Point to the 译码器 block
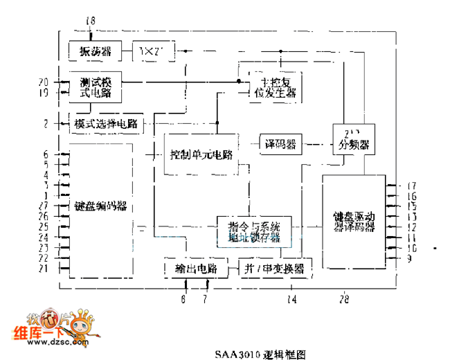pos(280,144)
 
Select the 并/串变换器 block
pos(273,267)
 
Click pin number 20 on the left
pos(43,82)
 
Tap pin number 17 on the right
pos(411,186)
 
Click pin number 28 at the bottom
pos(345,300)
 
